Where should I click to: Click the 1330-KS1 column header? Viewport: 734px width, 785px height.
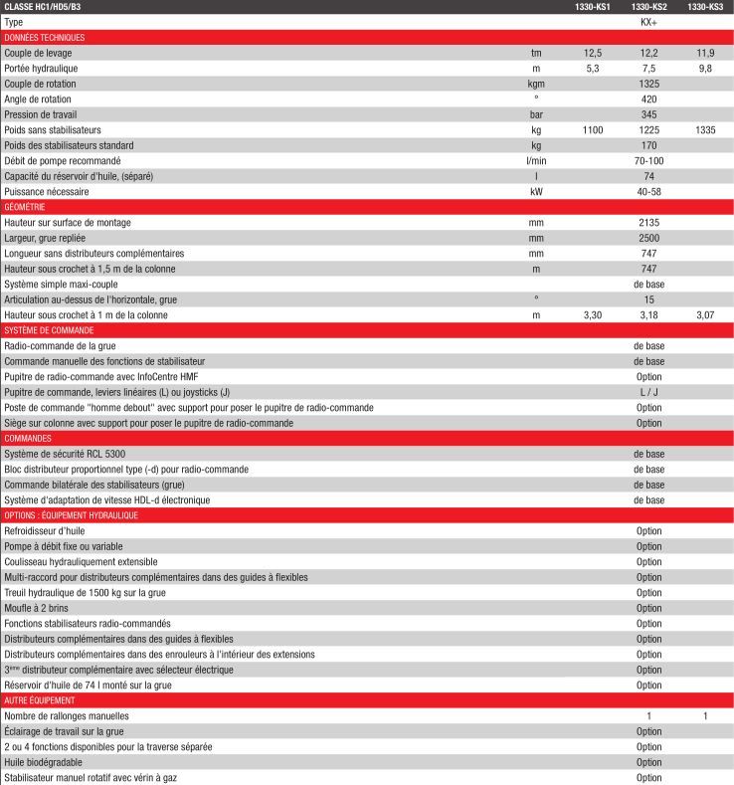593,7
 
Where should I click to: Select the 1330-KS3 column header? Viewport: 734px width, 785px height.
705,7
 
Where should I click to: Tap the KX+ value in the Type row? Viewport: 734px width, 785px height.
649,22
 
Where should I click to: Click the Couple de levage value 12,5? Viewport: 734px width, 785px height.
593,53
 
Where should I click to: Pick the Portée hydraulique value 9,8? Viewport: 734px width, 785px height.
705,69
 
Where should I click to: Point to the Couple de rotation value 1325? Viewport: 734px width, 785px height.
649,84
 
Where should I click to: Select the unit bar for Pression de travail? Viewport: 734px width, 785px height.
536,114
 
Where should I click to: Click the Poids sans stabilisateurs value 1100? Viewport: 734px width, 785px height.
593,130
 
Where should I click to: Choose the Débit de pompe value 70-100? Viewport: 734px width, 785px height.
649,161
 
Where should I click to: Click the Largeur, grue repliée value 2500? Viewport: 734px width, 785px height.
649,238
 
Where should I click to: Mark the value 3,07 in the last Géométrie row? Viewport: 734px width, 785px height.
705,315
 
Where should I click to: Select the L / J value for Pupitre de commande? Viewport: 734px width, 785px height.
649,392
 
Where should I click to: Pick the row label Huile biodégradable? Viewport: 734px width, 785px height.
43,762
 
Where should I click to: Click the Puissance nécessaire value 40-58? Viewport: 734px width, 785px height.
649,191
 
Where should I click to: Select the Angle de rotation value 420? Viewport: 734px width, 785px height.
649,99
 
